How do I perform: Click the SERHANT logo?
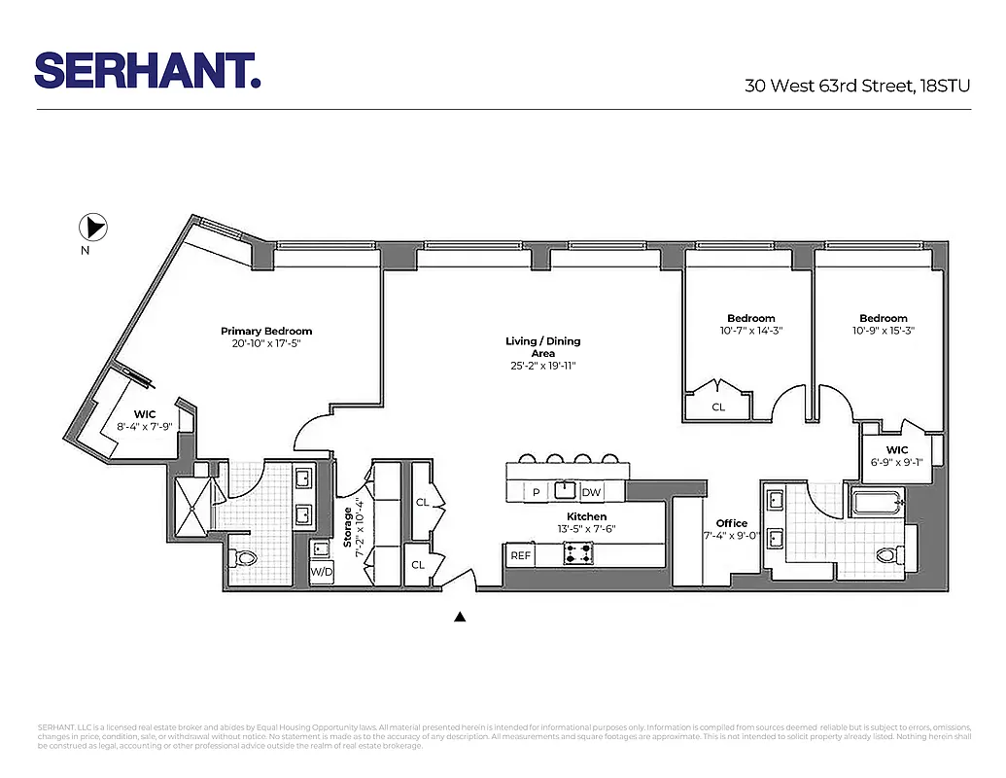(x=147, y=70)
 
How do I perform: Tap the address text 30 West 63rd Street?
(x=829, y=86)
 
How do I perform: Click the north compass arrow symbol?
(x=93, y=229)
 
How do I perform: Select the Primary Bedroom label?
(x=266, y=332)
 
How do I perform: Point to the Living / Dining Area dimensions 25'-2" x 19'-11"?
(x=542, y=367)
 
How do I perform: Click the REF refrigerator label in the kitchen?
(x=521, y=555)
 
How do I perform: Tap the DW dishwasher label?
(x=591, y=492)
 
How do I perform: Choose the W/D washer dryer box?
(x=321, y=571)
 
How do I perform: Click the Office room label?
(x=732, y=523)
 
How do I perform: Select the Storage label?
(x=347, y=525)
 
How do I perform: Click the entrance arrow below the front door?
(x=461, y=617)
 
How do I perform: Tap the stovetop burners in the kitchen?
(x=578, y=555)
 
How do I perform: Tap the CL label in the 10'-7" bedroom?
(x=718, y=407)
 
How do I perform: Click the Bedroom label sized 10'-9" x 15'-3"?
(x=883, y=318)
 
